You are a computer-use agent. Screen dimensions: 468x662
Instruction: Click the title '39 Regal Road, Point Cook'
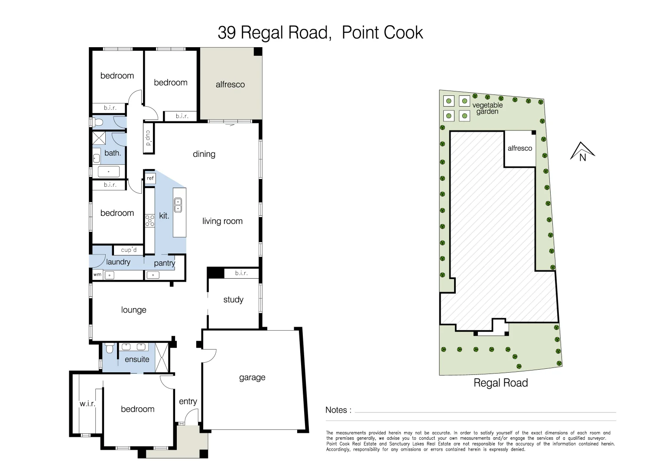point(320,33)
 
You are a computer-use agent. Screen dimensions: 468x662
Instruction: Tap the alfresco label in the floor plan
point(230,84)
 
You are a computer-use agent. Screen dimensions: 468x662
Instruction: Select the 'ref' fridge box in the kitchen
point(150,178)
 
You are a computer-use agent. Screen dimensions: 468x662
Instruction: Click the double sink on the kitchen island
point(178,205)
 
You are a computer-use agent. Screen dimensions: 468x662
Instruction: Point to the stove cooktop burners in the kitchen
point(149,221)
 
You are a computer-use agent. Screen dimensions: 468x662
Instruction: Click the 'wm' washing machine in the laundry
point(97,274)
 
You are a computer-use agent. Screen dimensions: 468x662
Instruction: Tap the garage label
point(252,377)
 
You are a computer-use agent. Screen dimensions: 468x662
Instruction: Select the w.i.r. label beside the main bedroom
point(87,403)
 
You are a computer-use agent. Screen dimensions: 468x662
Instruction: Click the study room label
point(233,299)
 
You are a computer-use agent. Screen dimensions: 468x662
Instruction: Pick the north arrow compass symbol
point(582,152)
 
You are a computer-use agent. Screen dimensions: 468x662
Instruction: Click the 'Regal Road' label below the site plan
point(500,383)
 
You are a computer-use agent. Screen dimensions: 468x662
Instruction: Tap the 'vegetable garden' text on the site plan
point(487,108)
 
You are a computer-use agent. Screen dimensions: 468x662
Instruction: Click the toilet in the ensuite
point(110,348)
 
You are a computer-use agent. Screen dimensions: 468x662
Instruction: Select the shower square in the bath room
point(100,139)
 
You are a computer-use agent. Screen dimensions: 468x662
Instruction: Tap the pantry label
point(164,263)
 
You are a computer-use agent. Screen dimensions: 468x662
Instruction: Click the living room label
point(222,221)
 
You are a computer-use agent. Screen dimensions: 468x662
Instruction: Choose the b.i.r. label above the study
point(241,273)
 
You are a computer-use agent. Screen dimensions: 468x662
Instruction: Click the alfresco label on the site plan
point(519,148)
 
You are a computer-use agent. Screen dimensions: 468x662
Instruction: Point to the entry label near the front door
point(188,402)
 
